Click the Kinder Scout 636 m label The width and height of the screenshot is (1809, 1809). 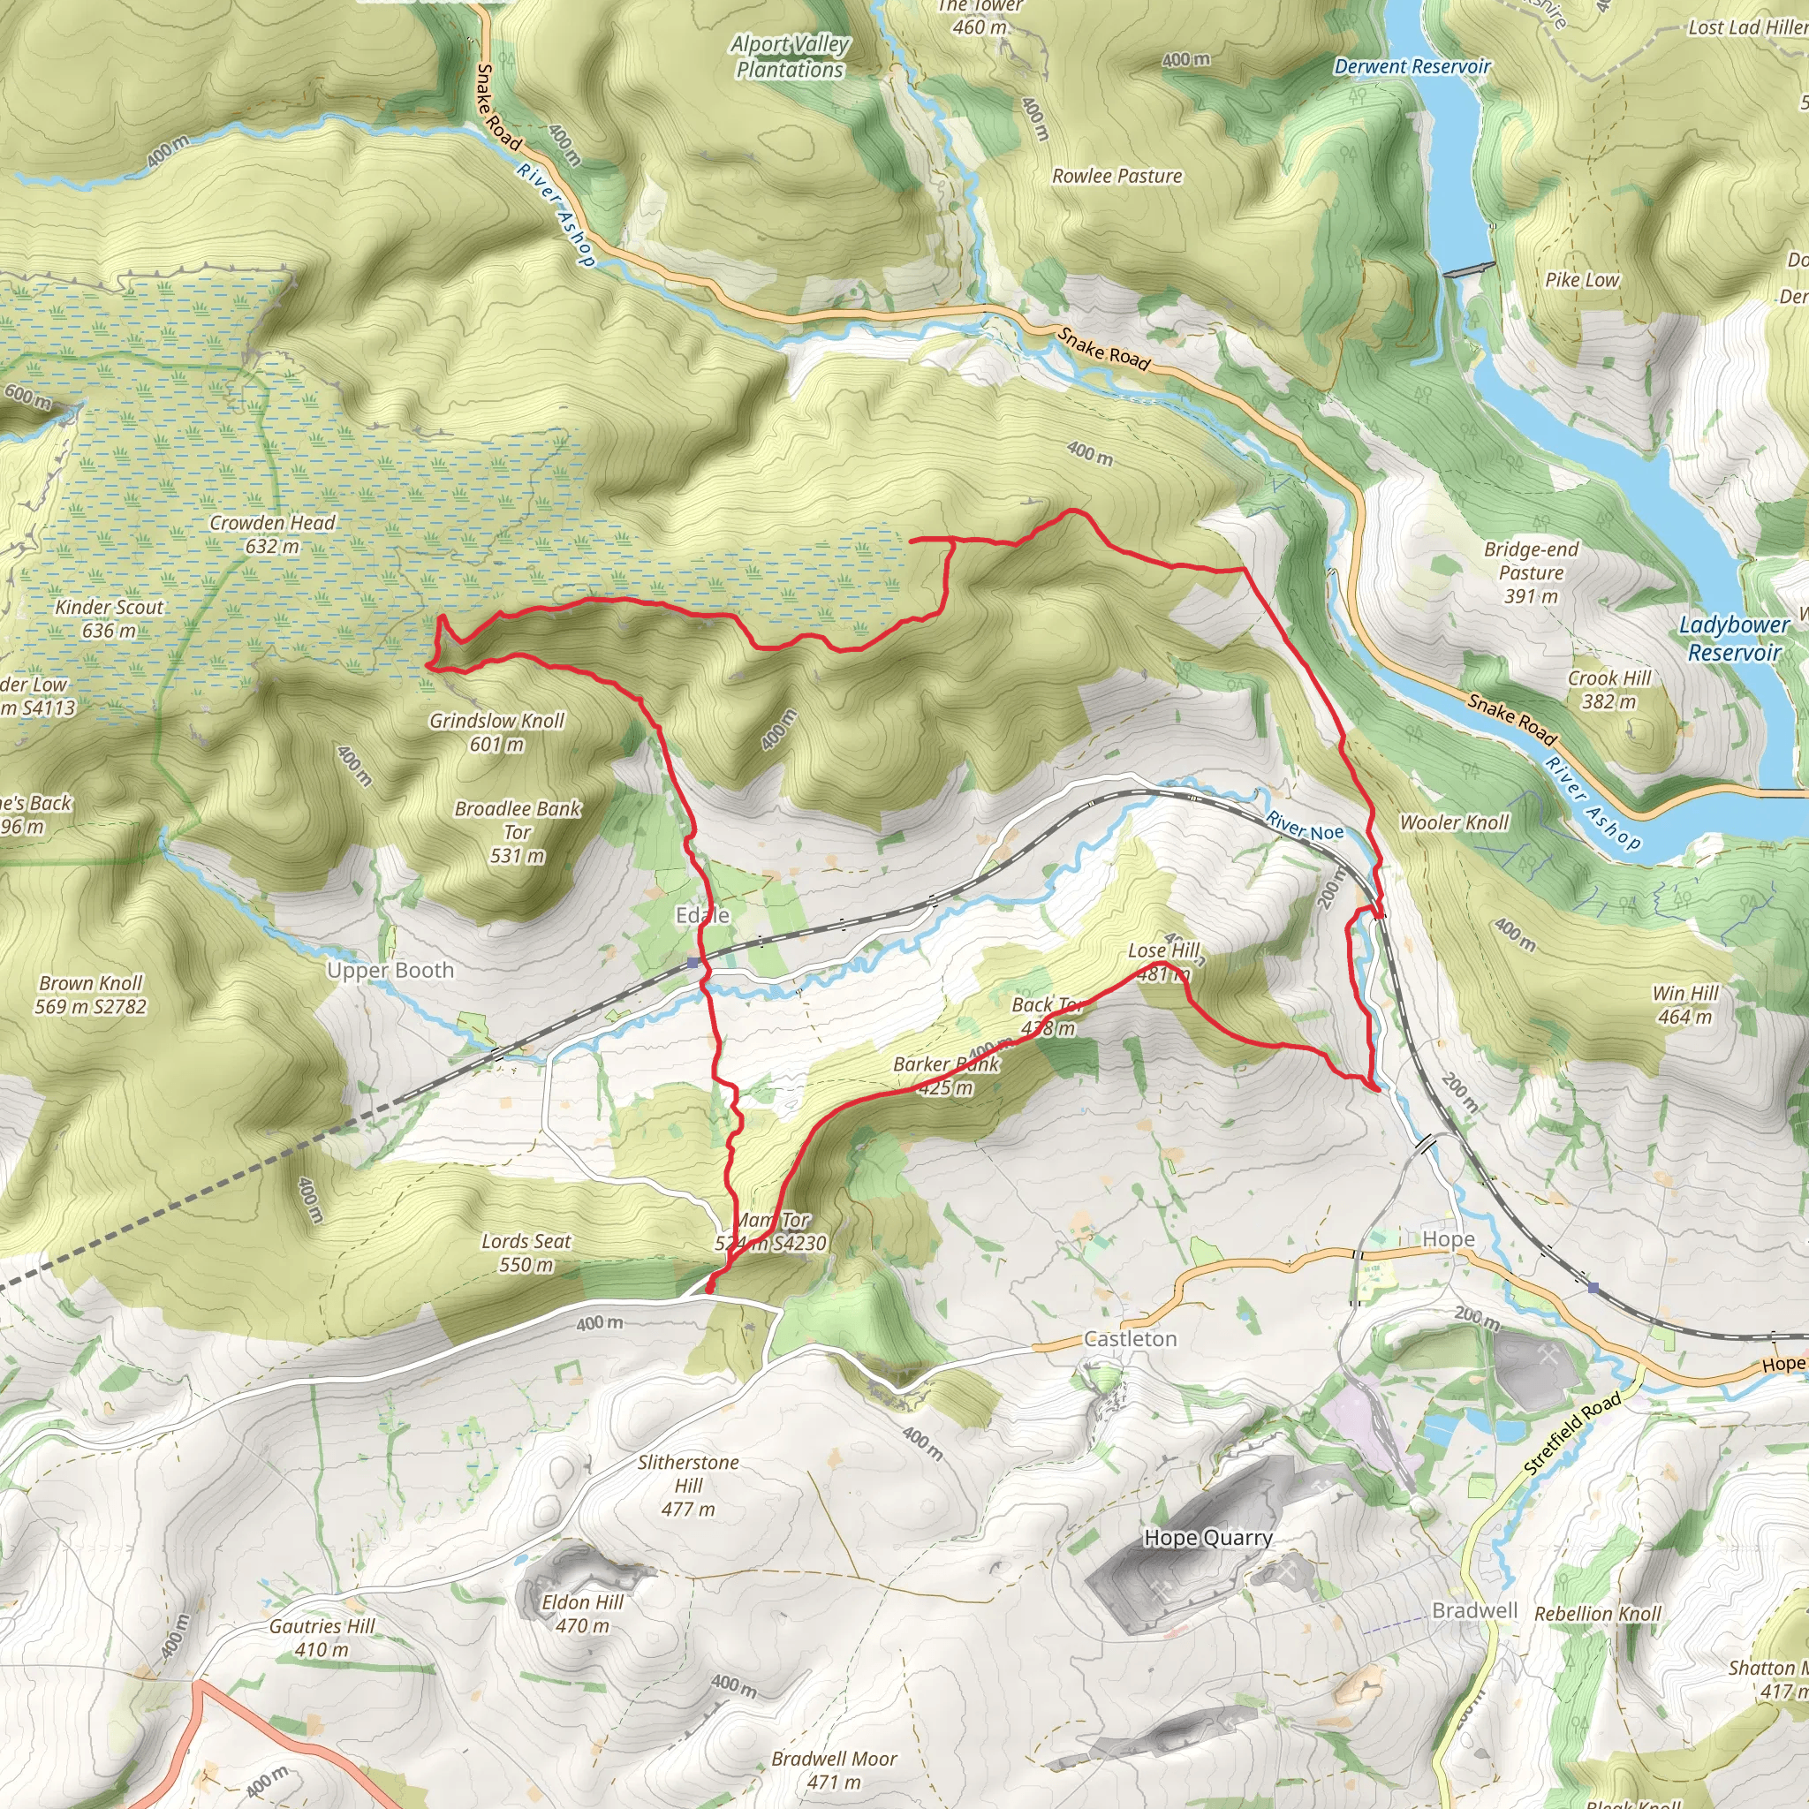click(110, 618)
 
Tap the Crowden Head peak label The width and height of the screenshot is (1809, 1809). click(271, 534)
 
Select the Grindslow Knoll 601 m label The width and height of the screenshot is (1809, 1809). click(496, 732)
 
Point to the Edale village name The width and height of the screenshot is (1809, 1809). click(702, 915)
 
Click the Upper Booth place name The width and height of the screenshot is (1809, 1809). click(390, 970)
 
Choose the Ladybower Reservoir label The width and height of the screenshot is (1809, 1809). click(1734, 638)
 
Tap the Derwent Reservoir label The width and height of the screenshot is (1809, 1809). click(1412, 66)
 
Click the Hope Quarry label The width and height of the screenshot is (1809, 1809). click(1207, 1538)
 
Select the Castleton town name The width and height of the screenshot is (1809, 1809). click(1129, 1339)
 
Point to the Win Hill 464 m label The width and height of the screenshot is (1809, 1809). click(1685, 1004)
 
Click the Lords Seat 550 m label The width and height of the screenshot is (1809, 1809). click(526, 1253)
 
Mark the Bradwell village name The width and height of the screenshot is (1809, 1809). click(1475, 1609)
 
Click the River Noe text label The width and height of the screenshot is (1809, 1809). click(1305, 827)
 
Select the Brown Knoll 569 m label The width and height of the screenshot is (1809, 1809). click(91, 995)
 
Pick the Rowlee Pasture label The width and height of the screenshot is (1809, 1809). click(1117, 176)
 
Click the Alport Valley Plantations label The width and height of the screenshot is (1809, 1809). click(790, 57)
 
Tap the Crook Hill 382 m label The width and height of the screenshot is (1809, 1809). click(1608, 689)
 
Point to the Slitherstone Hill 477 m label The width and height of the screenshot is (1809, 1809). click(688, 1485)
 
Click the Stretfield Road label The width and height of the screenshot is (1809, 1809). click(1572, 1434)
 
